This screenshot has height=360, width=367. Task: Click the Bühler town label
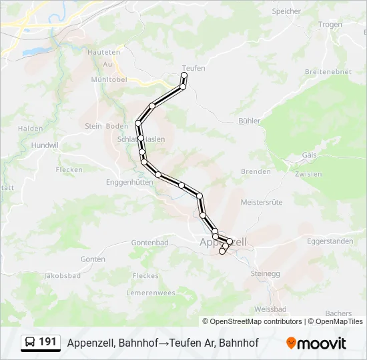[x=249, y=121]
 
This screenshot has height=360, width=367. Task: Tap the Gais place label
[x=309, y=155]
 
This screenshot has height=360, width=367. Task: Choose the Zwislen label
[x=307, y=174]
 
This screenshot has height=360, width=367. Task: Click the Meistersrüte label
[x=262, y=201]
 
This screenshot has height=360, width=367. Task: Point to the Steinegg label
[x=265, y=273]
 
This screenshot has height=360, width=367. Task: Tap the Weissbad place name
[x=270, y=309]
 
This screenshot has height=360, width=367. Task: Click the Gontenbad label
[x=149, y=243]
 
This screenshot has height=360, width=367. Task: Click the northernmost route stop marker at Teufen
[x=184, y=76]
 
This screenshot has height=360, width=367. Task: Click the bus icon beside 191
[x=30, y=343]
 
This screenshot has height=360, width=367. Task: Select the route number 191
[x=47, y=342]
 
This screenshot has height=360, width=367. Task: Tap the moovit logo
[x=316, y=343]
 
